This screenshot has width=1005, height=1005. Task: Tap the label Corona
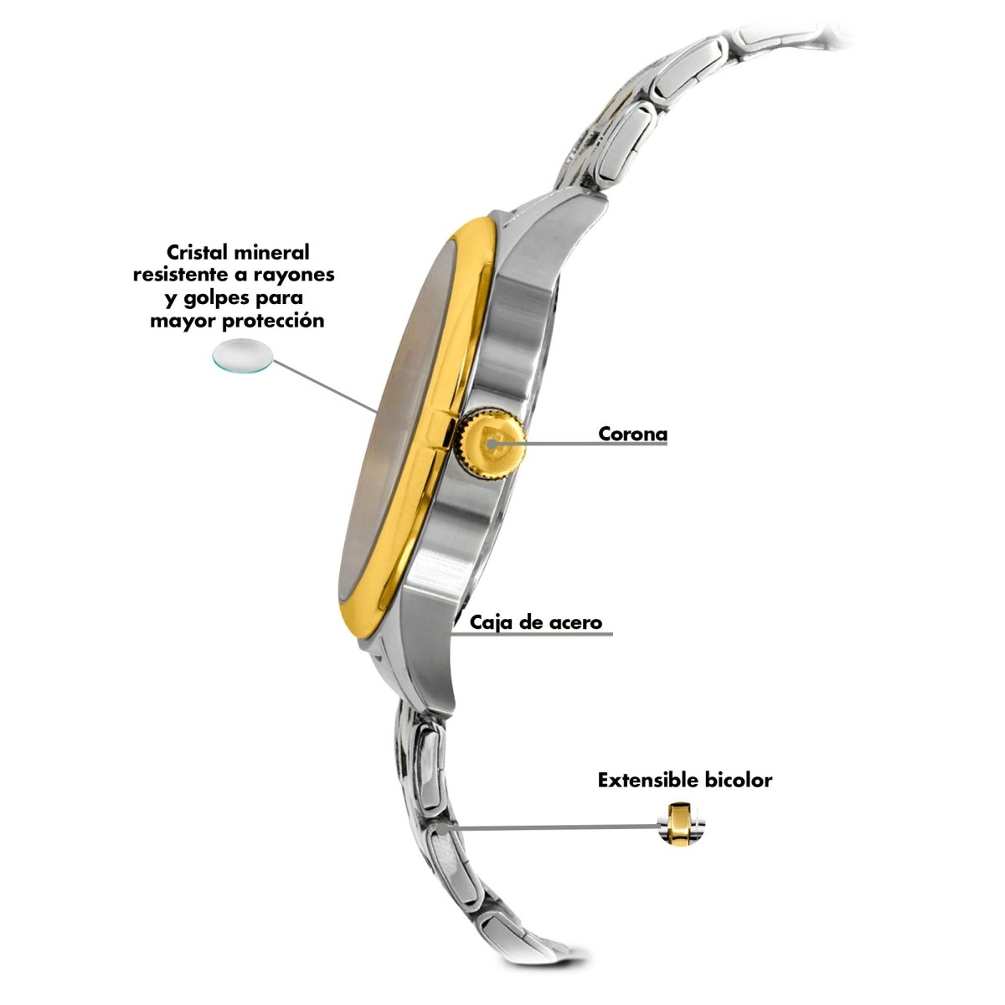point(632,433)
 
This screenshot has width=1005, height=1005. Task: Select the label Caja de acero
point(536,622)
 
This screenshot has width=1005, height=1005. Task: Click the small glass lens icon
point(243,356)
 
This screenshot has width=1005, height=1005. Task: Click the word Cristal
point(197,252)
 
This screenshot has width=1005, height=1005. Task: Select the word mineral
point(271,252)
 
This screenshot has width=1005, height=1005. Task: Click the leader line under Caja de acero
point(532,634)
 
